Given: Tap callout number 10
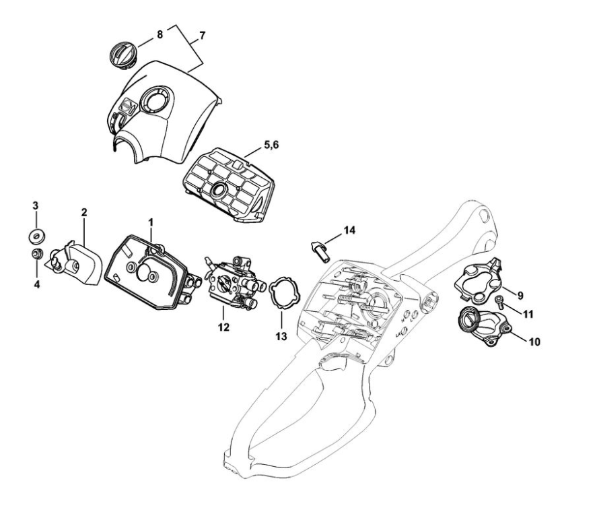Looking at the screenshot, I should pos(533,342).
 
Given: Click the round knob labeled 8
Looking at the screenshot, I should pos(123,53).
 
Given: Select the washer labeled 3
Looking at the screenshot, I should pos(36,235).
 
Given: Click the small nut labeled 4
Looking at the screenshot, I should pos(35,254).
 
